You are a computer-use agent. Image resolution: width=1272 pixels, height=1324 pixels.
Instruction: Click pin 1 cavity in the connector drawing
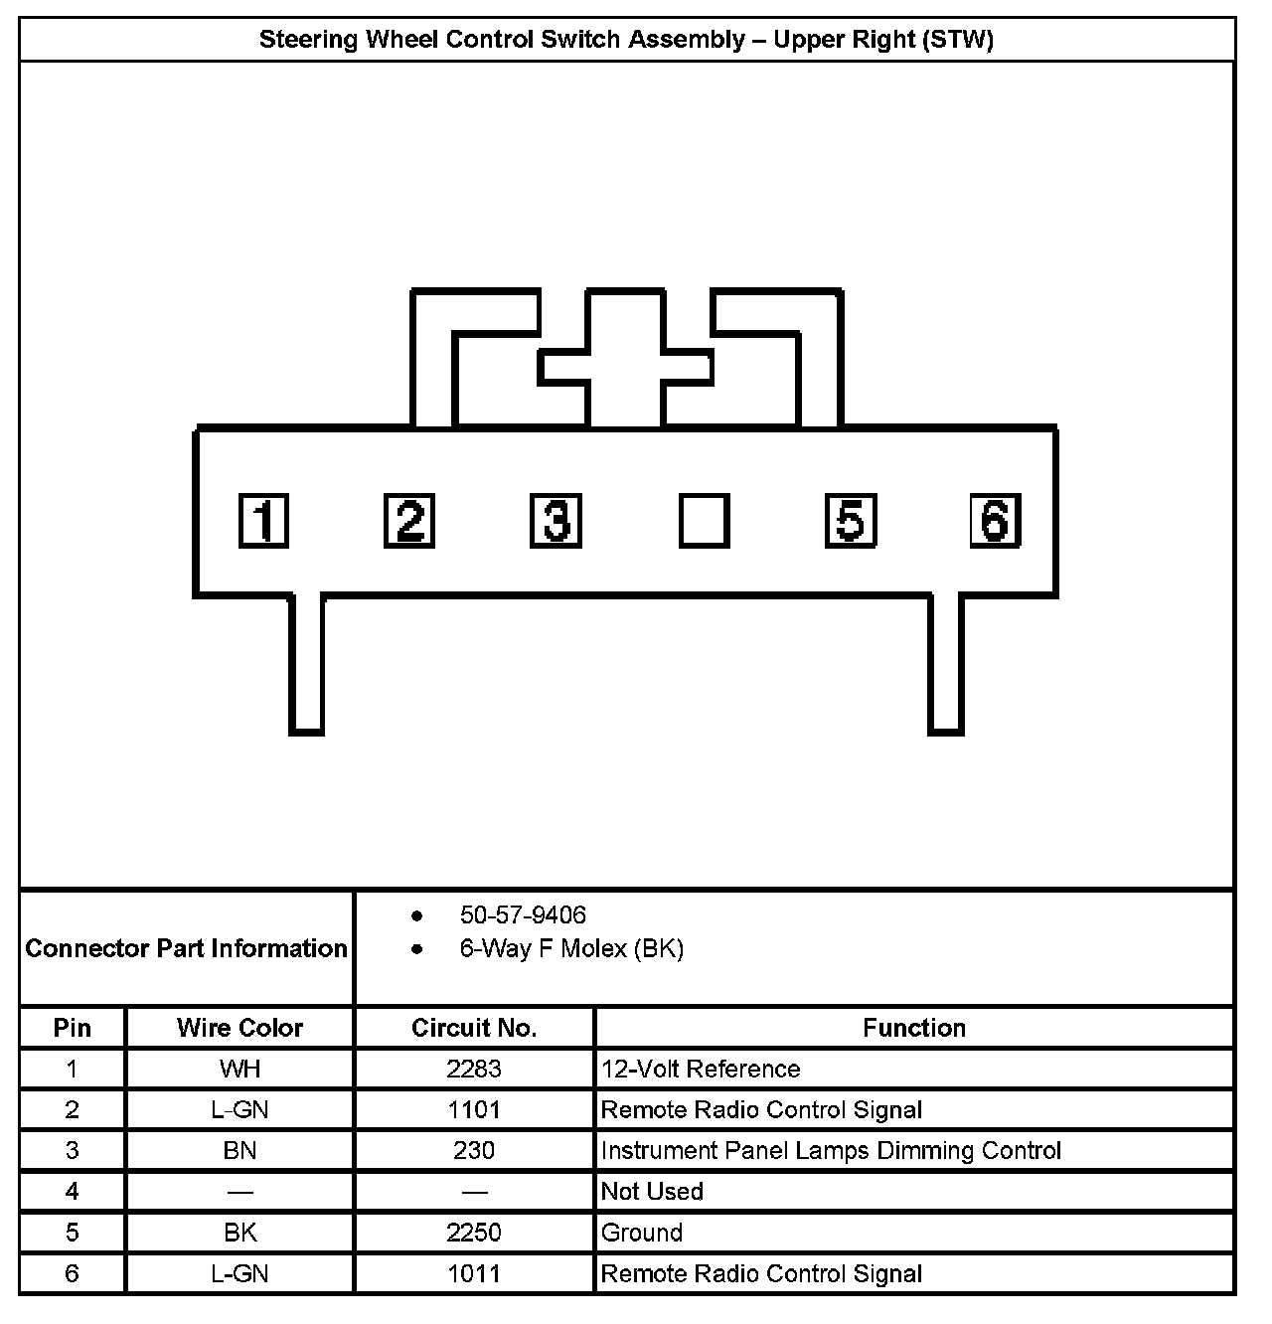click(263, 521)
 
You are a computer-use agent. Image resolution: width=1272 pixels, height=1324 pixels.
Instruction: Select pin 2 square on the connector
click(409, 521)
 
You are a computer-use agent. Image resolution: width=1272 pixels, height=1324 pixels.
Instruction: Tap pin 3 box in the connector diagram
click(556, 521)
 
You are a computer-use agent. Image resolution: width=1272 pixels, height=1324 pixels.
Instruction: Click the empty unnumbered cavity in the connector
click(704, 521)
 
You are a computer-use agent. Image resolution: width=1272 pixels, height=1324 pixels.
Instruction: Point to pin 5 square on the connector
click(851, 521)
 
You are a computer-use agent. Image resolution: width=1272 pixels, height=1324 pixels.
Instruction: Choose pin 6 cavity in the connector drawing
click(996, 521)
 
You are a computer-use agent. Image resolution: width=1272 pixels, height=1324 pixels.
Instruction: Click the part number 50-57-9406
click(523, 914)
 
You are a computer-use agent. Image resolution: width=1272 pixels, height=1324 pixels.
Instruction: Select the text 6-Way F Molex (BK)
click(571, 948)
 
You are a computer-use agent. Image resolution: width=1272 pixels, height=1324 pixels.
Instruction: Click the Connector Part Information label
click(187, 948)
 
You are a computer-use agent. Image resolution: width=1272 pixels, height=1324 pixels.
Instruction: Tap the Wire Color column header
click(239, 1028)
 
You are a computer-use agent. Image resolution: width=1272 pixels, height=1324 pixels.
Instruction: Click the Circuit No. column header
click(474, 1028)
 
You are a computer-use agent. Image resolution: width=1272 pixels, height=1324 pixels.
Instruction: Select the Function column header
click(914, 1028)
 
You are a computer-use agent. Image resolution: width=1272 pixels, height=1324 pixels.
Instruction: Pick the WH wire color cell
click(239, 1069)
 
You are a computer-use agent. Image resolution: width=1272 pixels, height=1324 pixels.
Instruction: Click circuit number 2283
click(474, 1069)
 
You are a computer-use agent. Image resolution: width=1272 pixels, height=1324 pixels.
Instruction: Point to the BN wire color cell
click(239, 1150)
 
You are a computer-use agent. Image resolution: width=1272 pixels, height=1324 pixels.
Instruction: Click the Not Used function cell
click(652, 1191)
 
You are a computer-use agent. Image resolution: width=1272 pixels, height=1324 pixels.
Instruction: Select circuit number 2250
click(474, 1233)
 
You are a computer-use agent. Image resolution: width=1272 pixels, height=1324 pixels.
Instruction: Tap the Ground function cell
click(642, 1233)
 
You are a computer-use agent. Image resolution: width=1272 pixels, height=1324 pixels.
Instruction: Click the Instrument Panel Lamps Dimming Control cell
click(831, 1150)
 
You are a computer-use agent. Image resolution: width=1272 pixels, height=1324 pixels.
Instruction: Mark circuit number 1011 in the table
click(474, 1273)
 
